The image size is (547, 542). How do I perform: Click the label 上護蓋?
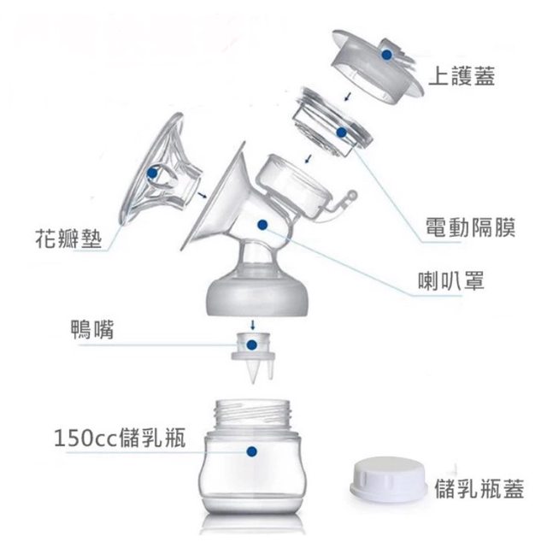coord(462,76)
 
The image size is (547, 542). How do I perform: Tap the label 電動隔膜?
coord(470,227)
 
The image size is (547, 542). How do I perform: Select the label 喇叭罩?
coord(451,281)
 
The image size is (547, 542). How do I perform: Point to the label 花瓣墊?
coord(68,239)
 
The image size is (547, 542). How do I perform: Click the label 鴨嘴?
coord(92,329)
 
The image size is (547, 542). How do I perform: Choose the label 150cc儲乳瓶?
coord(120,438)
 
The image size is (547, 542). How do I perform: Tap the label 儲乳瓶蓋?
coord(479,489)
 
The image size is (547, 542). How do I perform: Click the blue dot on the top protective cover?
coord(386,55)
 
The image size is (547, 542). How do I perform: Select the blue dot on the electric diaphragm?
coord(342,133)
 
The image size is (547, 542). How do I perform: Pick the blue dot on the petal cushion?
coord(152,173)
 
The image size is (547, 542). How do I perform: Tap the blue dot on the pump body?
coord(262,225)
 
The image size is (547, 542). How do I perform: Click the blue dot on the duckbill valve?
coord(251,345)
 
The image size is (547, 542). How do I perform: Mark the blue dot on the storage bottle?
coord(251,451)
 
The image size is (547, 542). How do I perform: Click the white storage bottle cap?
coord(388,480)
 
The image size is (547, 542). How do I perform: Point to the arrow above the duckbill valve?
coord(253,325)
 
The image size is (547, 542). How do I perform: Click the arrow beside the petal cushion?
coord(202,195)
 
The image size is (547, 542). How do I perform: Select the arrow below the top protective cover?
coord(347,97)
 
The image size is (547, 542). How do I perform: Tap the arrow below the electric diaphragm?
coord(308,159)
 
